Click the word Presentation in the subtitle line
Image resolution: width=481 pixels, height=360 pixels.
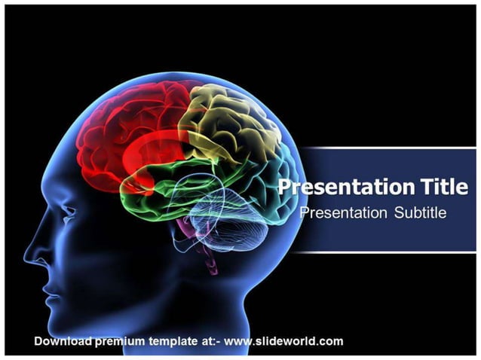click(x=343, y=213)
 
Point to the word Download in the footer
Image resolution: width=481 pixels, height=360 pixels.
click(x=63, y=341)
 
